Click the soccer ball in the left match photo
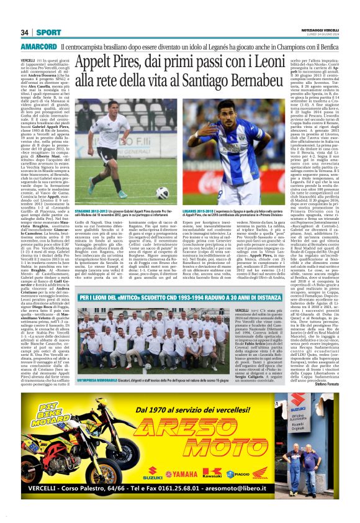click(x=163, y=192)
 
